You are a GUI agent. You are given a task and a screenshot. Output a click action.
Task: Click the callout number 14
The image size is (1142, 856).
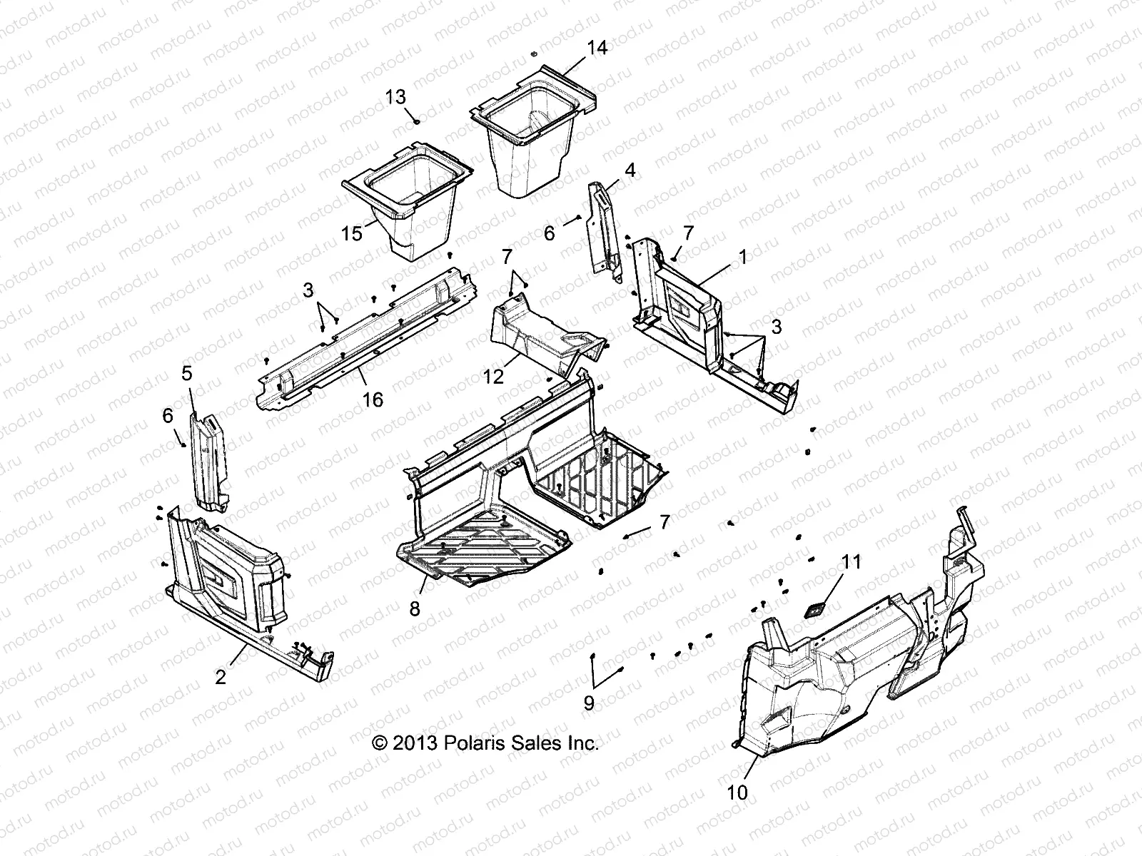[597, 48]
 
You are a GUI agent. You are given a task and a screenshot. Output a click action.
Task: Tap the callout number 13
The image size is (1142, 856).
[395, 98]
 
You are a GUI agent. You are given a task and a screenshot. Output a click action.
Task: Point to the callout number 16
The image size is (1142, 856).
[373, 399]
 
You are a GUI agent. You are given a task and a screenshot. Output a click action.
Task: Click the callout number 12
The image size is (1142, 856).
[492, 375]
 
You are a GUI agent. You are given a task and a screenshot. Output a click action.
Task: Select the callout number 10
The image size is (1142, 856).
[739, 793]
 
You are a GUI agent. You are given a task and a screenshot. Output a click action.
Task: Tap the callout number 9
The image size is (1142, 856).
[589, 703]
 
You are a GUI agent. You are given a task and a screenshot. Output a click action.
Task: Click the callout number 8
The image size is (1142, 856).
[415, 608]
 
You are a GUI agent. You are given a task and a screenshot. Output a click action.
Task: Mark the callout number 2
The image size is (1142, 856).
[221, 676]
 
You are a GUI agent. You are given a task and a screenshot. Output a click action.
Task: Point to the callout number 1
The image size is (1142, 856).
[742, 257]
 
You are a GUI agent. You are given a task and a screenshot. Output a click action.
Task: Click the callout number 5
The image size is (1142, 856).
[187, 372]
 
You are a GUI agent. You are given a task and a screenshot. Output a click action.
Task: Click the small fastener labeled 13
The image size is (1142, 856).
[415, 122]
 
